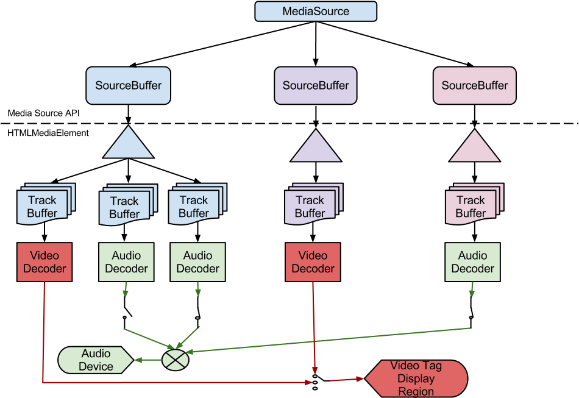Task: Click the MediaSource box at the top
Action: [x=316, y=12]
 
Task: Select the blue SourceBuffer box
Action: [x=128, y=85]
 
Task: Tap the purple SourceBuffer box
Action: [x=316, y=85]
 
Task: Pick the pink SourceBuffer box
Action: [x=474, y=85]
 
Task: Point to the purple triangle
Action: [x=316, y=147]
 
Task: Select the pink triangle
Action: [x=474, y=147]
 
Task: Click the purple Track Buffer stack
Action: [x=311, y=206]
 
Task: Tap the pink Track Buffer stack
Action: [x=471, y=206]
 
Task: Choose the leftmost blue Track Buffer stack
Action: [x=43, y=206]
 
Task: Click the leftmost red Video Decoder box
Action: [x=44, y=262]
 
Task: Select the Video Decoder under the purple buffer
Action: [x=313, y=262]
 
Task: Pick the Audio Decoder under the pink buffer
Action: [x=472, y=262]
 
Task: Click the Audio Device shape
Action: [x=95, y=360]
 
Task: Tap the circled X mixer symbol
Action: [x=176, y=360]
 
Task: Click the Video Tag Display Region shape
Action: [x=417, y=378]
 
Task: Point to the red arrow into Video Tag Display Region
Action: [x=347, y=380]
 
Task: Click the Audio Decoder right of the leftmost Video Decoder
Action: [x=126, y=262]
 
